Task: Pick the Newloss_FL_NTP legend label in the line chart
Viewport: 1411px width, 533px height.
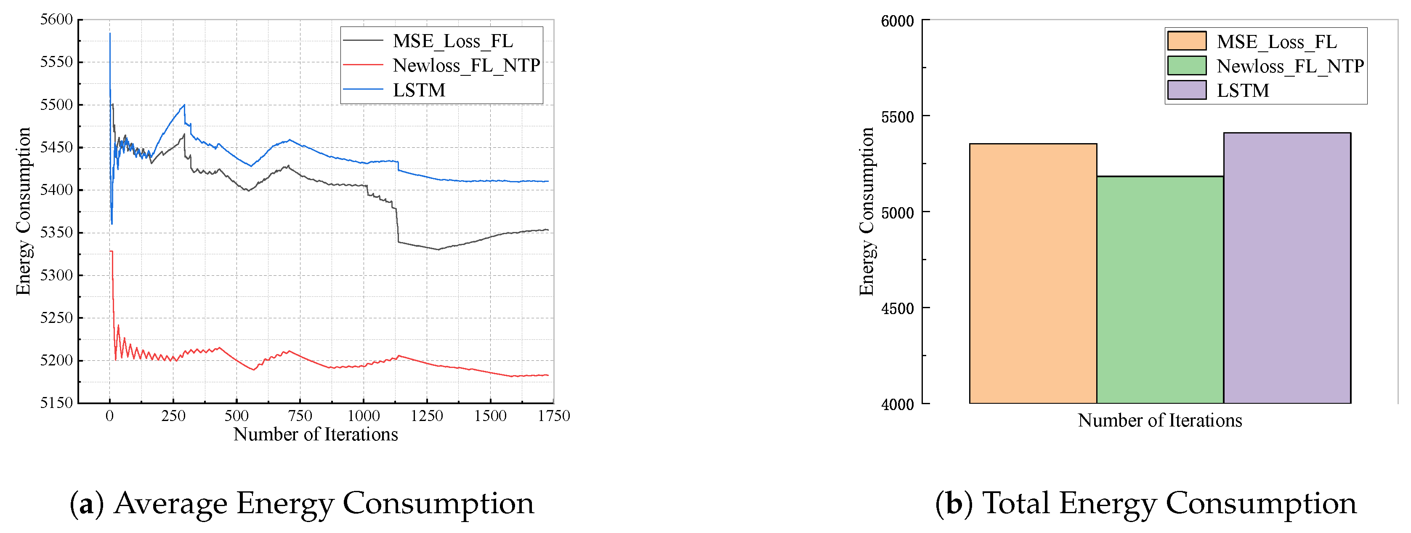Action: [x=466, y=65]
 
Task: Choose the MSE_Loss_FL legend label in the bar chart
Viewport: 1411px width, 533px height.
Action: [x=1276, y=42]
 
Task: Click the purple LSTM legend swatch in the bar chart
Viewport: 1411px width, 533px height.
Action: [x=1186, y=90]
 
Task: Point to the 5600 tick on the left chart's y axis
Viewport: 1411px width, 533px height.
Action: [x=56, y=20]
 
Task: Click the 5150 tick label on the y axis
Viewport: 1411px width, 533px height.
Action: [x=56, y=403]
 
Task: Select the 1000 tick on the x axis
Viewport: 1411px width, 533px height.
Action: [x=364, y=416]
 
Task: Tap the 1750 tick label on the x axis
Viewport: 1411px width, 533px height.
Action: [x=554, y=416]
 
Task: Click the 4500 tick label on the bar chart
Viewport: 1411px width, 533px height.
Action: [x=897, y=309]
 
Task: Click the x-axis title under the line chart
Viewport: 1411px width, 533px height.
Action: [x=316, y=434]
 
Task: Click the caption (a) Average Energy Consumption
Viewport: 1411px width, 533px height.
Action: [x=302, y=503]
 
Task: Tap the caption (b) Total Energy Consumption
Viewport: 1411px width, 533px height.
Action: [x=1146, y=503]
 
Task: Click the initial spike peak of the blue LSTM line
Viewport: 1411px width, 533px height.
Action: [x=110, y=34]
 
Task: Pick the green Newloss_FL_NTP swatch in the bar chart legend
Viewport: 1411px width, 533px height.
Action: [x=1186, y=66]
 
